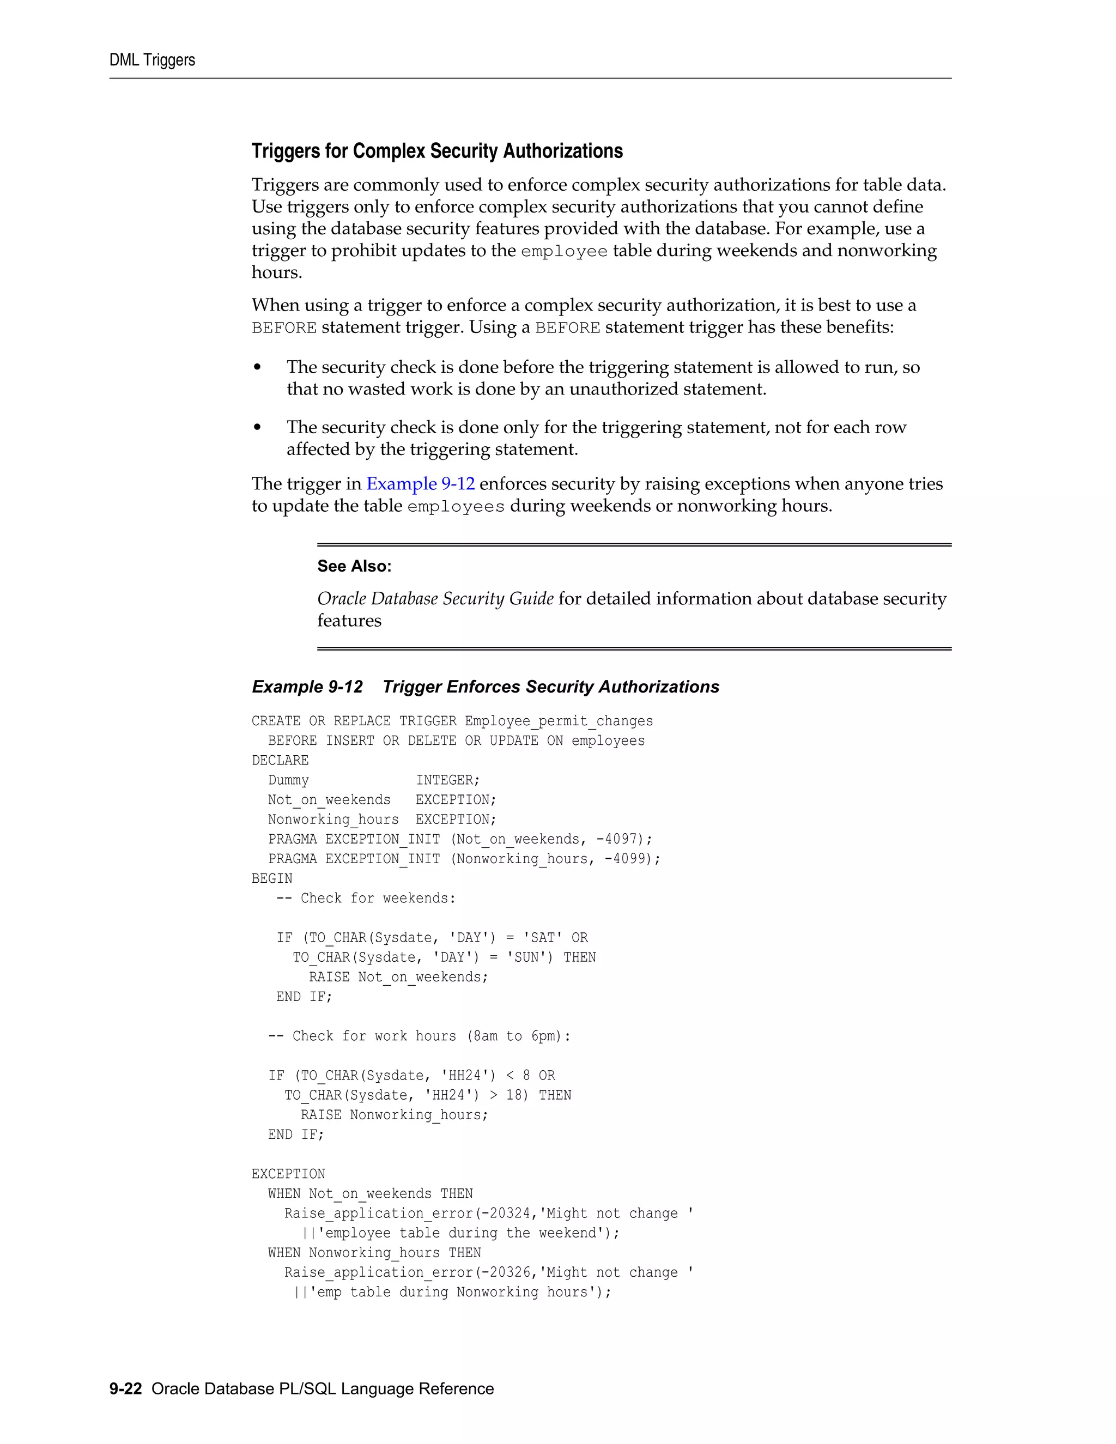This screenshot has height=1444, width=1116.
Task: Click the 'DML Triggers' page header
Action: [152, 60]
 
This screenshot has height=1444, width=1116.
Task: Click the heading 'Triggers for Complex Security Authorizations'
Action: [437, 151]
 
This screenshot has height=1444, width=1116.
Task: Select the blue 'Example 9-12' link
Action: [421, 484]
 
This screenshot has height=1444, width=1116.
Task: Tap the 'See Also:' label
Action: [354, 566]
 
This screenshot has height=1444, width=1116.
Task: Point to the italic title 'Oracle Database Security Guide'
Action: [435, 598]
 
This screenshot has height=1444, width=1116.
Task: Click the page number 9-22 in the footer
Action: [126, 1388]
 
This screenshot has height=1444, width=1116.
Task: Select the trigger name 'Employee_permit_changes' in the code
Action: [559, 721]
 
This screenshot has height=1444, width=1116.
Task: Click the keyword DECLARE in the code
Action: [280, 760]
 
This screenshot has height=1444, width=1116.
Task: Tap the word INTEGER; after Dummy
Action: [447, 780]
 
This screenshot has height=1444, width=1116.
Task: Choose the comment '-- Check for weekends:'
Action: [366, 898]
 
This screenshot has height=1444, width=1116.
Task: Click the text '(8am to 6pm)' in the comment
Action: [518, 1036]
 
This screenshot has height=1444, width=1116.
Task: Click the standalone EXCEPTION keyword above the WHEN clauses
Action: [288, 1174]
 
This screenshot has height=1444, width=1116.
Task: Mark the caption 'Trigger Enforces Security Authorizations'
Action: [551, 687]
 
